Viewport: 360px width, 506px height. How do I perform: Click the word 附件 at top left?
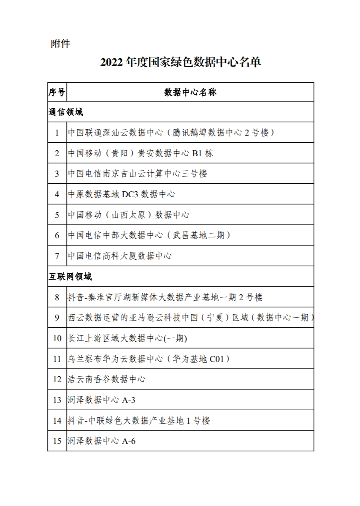60,44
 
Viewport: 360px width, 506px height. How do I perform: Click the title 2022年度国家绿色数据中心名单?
181,63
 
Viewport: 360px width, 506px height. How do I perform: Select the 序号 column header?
57,92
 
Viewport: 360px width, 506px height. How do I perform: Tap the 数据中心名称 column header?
190,92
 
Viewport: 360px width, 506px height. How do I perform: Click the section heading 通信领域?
66,112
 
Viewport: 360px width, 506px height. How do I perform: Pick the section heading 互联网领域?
70,277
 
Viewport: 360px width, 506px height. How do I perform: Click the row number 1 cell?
57,133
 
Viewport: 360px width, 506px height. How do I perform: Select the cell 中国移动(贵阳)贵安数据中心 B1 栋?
141,153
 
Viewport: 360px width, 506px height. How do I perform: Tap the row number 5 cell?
57,215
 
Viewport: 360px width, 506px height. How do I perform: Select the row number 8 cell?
57,297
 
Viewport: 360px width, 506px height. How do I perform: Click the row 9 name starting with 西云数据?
190,318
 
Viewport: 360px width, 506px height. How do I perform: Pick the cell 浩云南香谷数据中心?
107,379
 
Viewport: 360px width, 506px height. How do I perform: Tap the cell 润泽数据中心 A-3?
102,400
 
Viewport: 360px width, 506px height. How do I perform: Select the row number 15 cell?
57,441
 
